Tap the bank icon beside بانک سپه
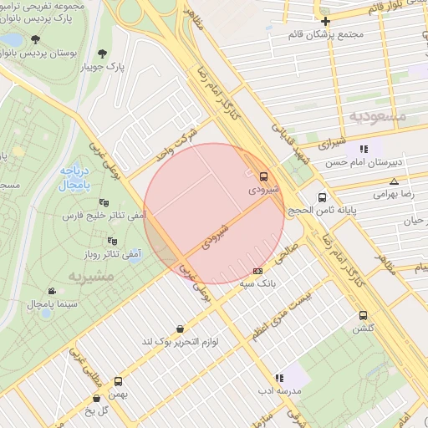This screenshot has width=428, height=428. [x=257, y=271]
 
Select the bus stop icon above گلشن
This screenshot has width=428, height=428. [x=363, y=315]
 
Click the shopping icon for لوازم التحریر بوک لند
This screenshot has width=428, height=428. [x=181, y=329]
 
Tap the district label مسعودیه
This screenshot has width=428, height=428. [x=377, y=116]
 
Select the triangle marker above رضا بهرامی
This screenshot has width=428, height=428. [x=394, y=181]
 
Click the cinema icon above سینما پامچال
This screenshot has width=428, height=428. [x=53, y=292]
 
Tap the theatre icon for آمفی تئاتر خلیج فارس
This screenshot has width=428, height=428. [x=104, y=202]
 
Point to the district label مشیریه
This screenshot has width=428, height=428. [x=67, y=274]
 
